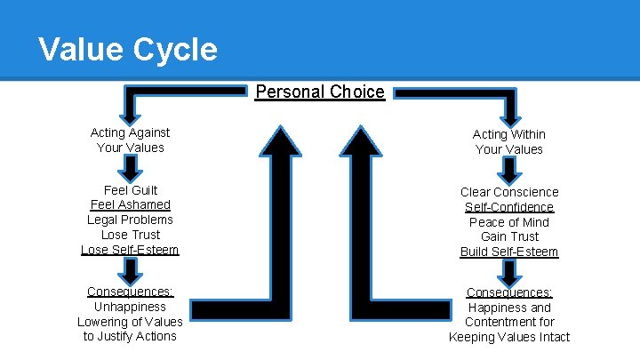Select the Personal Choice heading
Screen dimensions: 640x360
[x=320, y=92]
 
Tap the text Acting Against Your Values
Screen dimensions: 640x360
[x=131, y=140]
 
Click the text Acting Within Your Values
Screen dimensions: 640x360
[x=509, y=142]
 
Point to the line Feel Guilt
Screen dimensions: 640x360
[x=131, y=190]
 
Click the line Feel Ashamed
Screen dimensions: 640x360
[x=131, y=204]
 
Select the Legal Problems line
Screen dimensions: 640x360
[x=131, y=220]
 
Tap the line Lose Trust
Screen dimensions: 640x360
[x=131, y=235]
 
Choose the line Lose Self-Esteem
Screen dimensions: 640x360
[x=131, y=250]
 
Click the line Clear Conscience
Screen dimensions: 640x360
[x=509, y=192]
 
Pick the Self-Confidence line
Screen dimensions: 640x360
[x=509, y=207]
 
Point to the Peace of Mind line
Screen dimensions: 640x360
[x=509, y=222]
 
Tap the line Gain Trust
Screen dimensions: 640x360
[x=509, y=236]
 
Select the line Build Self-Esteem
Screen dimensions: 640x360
[x=509, y=252]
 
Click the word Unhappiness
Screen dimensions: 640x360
[x=131, y=307]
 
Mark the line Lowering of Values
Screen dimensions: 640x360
[x=131, y=322]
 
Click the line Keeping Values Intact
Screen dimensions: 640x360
[x=509, y=337]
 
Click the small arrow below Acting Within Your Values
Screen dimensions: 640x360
[x=509, y=170]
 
